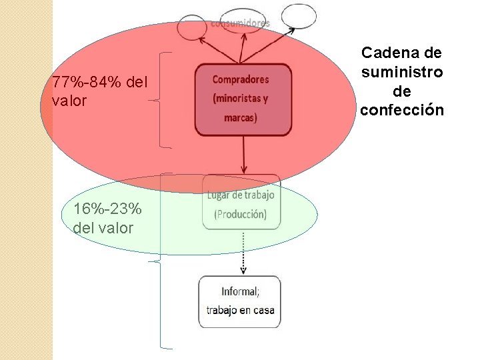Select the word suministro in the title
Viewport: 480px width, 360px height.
click(401, 71)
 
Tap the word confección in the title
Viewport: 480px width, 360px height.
click(401, 109)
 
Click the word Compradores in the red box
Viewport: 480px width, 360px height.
click(241, 79)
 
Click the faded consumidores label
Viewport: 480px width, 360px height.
click(241, 23)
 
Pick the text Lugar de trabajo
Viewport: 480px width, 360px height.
click(241, 195)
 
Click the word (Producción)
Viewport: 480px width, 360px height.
click(240, 214)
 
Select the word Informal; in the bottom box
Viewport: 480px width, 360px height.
click(241, 291)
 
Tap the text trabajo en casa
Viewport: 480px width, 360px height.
click(240, 310)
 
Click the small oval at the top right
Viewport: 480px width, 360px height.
click(299, 16)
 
